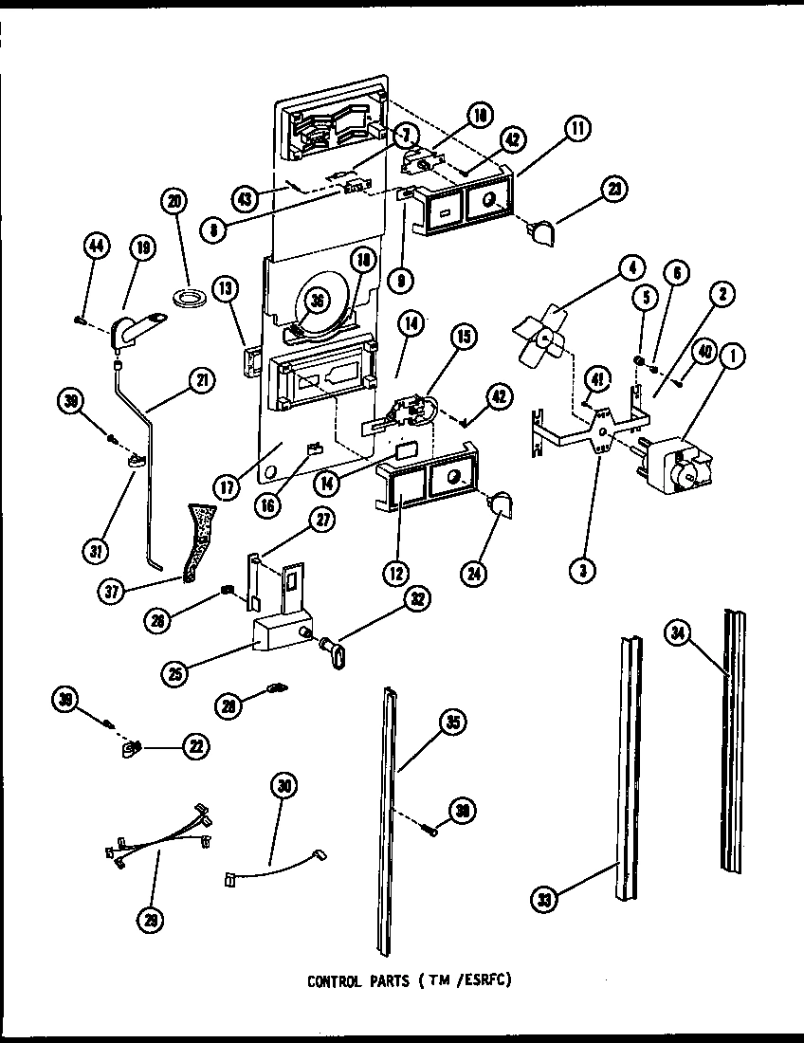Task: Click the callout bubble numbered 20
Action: coord(175,201)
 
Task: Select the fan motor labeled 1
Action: coord(674,465)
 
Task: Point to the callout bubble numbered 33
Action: coord(544,895)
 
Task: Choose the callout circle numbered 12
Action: coord(395,572)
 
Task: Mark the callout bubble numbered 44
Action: coord(95,247)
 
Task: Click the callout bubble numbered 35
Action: coord(453,723)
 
